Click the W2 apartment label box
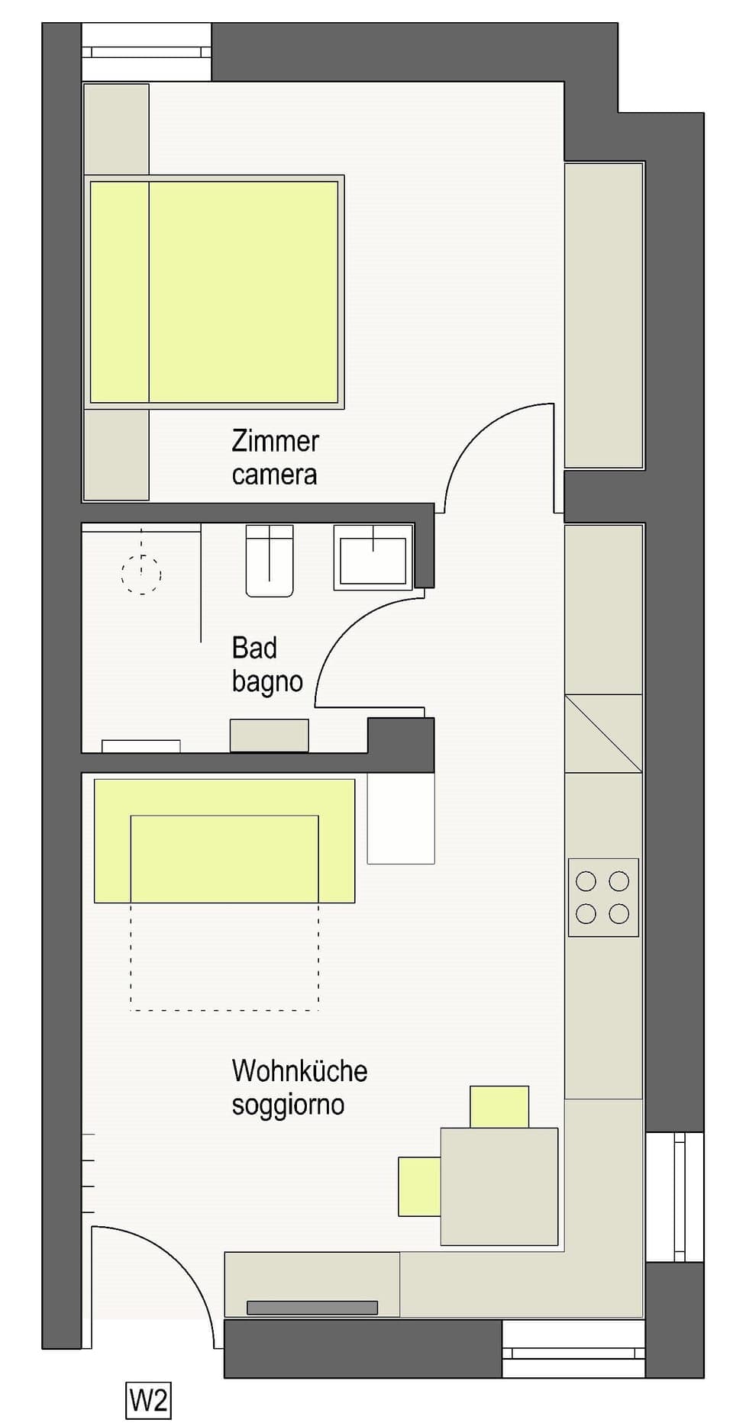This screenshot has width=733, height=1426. click(148, 1400)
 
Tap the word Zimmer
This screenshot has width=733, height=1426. click(275, 441)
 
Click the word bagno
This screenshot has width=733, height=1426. click(267, 681)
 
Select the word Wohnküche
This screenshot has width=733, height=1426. click(299, 1070)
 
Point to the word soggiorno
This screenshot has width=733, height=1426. click(288, 1104)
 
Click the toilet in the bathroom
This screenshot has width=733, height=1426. click(270, 561)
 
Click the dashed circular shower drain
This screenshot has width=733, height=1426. click(141, 574)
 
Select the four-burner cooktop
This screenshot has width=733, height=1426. click(602, 897)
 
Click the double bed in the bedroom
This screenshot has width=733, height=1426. click(214, 291)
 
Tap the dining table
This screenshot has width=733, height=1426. click(499, 1186)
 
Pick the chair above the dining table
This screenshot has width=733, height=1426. click(499, 1106)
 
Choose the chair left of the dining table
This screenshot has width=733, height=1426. click(419, 1186)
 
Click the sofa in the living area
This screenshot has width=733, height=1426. click(224, 840)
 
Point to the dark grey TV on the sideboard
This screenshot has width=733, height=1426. click(312, 1308)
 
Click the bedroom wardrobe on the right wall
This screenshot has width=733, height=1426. click(603, 314)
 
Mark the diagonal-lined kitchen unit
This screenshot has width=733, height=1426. click(603, 733)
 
